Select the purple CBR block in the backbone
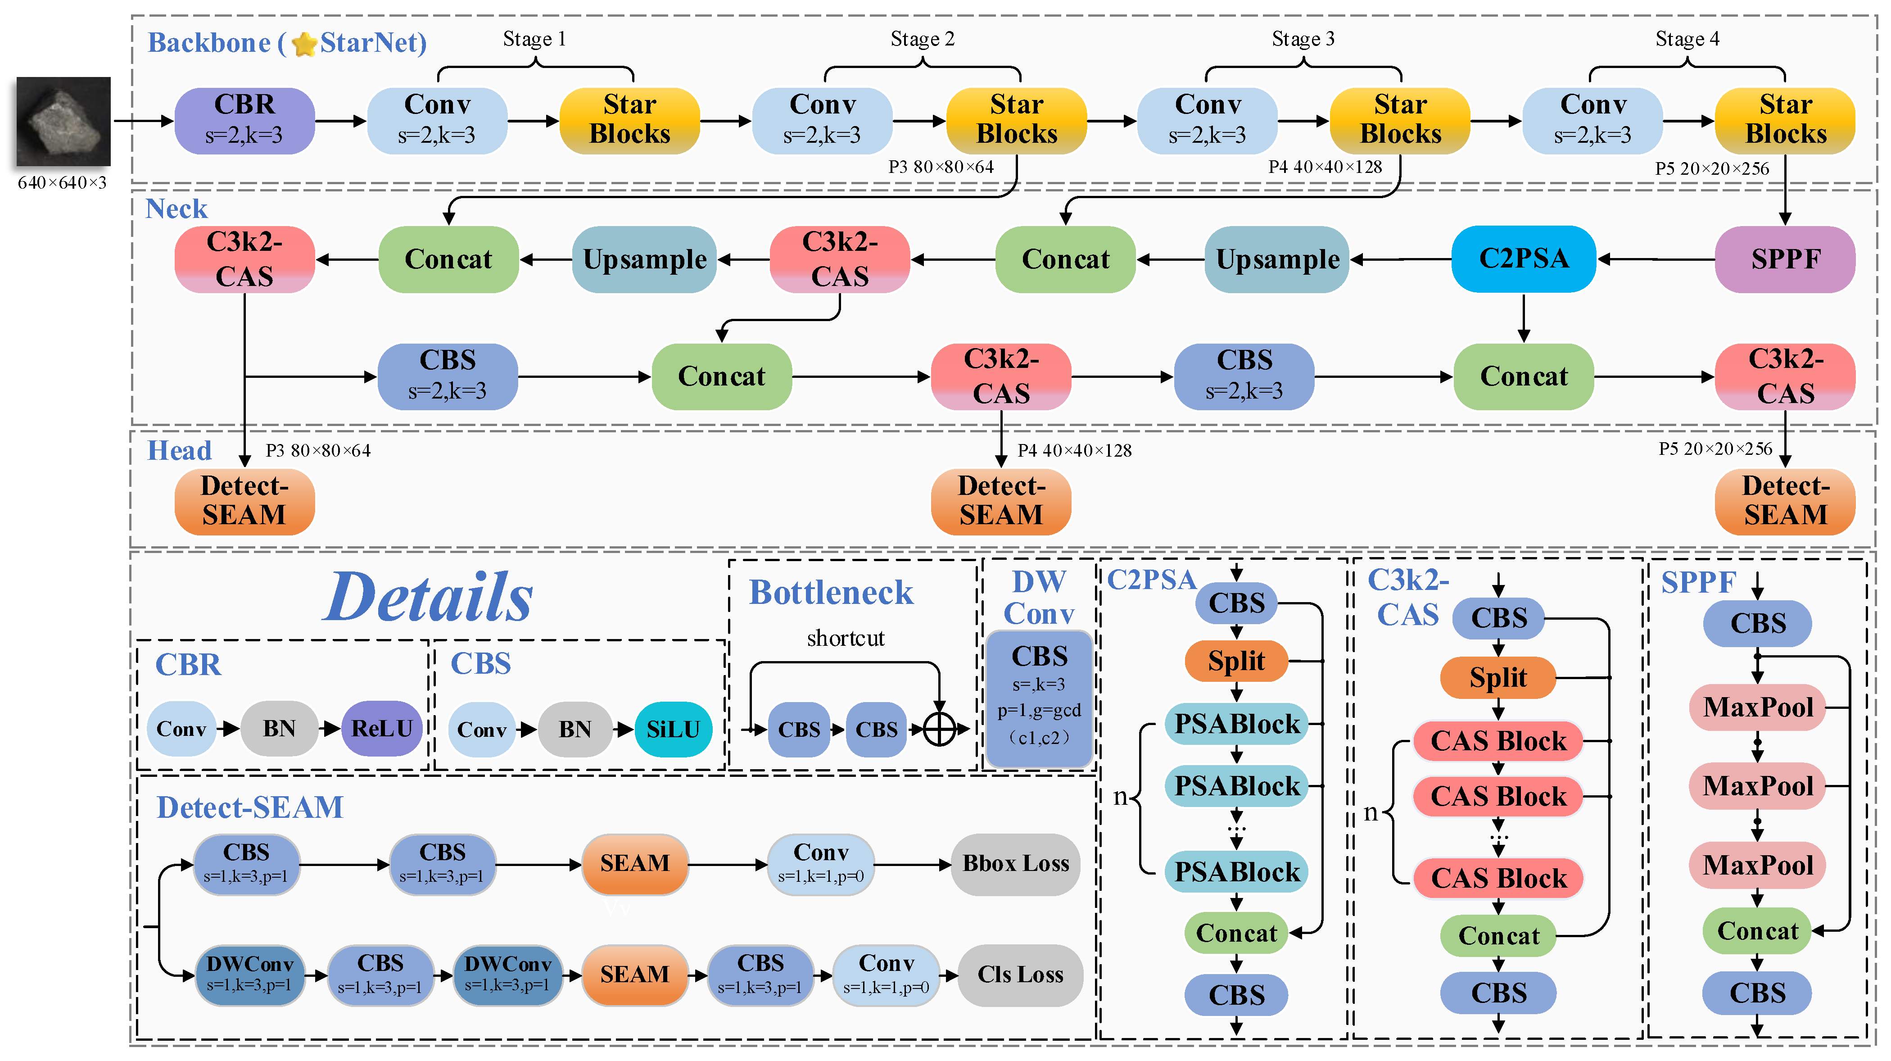tap(244, 120)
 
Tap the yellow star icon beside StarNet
tap(304, 44)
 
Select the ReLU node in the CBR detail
tap(382, 728)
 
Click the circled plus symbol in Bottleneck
tap(939, 729)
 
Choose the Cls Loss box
tap(1020, 975)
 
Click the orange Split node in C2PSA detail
tap(1236, 661)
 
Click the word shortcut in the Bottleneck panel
tap(846, 638)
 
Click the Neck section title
tap(176, 209)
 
